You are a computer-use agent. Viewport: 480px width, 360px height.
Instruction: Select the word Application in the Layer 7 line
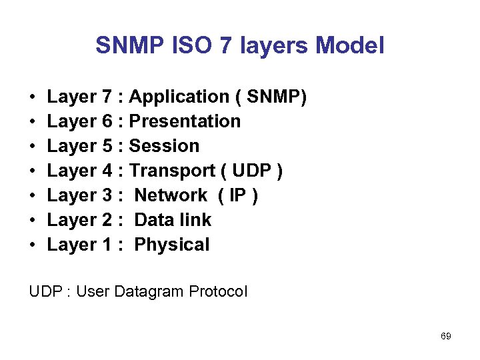point(179,97)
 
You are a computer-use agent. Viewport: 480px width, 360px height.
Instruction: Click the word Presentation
point(185,121)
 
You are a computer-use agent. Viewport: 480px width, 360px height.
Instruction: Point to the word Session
point(164,146)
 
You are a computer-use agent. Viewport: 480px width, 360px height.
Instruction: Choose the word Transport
point(173,171)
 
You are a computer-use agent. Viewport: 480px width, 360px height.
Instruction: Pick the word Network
point(171,195)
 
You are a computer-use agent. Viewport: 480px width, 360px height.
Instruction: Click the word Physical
point(172,245)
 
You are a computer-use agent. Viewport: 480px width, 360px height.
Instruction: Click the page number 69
point(446,336)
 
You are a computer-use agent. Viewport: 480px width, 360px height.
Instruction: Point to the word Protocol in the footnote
point(218,291)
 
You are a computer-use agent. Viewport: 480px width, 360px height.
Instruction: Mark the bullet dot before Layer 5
point(33,147)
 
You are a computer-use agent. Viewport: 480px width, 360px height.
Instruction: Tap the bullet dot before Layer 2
point(33,221)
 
